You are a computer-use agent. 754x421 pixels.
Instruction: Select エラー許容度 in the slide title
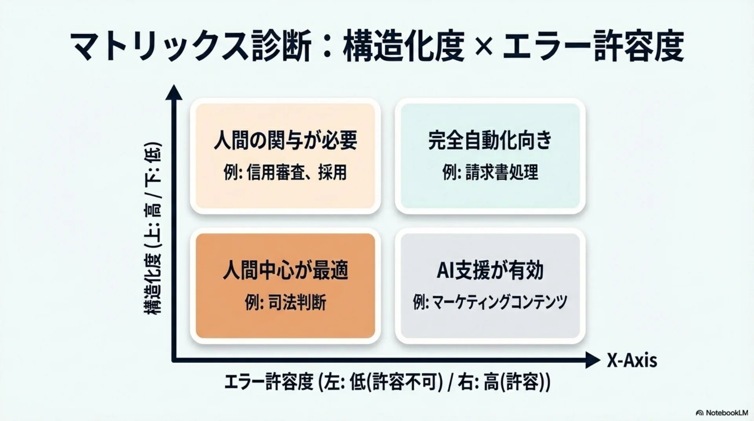593,47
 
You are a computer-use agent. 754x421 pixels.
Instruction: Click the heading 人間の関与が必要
285,140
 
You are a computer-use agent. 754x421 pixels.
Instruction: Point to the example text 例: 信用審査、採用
285,172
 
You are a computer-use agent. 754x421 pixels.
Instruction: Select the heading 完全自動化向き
490,140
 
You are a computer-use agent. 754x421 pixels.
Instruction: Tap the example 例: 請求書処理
490,172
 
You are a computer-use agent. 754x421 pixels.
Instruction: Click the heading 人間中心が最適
285,271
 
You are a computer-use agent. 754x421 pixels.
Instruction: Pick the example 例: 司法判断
285,303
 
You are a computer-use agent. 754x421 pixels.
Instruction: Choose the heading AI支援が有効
490,271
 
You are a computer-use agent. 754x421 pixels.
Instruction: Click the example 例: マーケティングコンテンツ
490,302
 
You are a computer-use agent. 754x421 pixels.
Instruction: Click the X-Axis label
632,360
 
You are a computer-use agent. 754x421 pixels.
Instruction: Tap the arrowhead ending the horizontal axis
593,360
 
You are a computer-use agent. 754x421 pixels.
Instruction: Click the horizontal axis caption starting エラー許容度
387,382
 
